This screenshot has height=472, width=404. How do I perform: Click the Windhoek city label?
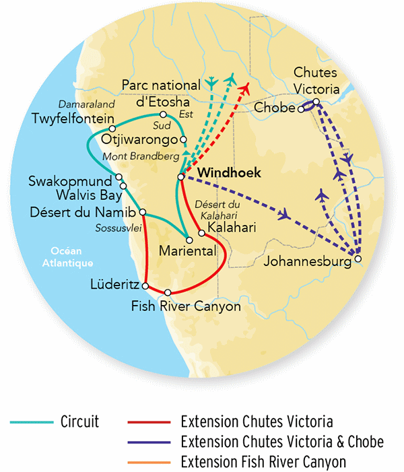223,173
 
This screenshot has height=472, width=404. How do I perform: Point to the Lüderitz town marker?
145,286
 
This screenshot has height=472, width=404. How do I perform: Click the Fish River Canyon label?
186,307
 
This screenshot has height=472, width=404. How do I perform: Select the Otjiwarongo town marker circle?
182,139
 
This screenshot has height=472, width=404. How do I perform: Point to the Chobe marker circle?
301,108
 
